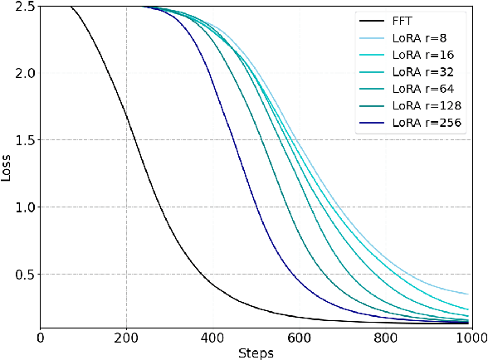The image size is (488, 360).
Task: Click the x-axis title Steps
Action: [x=255, y=352]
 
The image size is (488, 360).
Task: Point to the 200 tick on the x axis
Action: [x=126, y=336]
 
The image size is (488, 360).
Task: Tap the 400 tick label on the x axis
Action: [x=212, y=336]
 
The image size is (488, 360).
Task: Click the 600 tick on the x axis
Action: [x=299, y=336]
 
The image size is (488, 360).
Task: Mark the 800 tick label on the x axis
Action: [x=385, y=336]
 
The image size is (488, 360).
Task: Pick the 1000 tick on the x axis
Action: [x=470, y=336]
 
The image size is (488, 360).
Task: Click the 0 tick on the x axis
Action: [x=41, y=336]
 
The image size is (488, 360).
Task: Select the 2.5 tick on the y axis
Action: [x=24, y=6]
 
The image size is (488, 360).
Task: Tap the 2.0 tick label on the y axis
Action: [x=24, y=73]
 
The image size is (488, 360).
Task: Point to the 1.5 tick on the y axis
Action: [x=24, y=140]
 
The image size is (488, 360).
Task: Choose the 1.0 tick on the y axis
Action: [x=24, y=207]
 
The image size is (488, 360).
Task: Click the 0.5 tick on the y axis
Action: [x=24, y=275]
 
